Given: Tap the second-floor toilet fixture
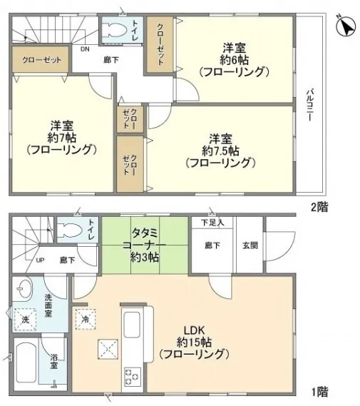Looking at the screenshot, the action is (x=113, y=31).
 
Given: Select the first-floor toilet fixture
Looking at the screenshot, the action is (x=70, y=230).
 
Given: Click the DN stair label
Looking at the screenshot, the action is (x=85, y=49).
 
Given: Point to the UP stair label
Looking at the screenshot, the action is (x=40, y=260).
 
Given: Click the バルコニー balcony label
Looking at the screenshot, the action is (x=310, y=105).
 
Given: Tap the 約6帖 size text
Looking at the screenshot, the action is (x=235, y=61).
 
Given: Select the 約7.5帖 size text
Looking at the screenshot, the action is (x=220, y=151).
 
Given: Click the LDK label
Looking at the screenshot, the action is (x=194, y=330).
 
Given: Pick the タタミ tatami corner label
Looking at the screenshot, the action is (x=145, y=233).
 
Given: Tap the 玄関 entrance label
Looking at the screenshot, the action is (x=250, y=245).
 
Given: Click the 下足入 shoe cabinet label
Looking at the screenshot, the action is (x=212, y=223).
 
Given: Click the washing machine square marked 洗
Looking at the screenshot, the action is (x=25, y=320).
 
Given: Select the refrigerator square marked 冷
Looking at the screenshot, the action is (x=86, y=319).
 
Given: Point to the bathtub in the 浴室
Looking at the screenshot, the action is (x=26, y=363).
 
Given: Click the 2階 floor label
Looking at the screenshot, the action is (x=319, y=207).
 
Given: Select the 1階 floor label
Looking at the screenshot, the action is (x=320, y=392).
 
